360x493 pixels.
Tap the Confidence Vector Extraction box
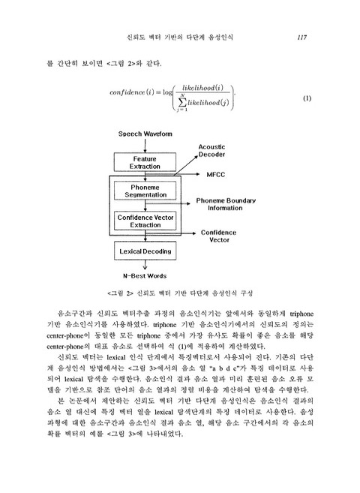point(145,220)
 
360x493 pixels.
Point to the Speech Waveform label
point(145,134)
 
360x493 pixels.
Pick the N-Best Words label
point(145,275)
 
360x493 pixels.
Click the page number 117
point(304,36)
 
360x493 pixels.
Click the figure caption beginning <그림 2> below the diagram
point(180,293)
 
